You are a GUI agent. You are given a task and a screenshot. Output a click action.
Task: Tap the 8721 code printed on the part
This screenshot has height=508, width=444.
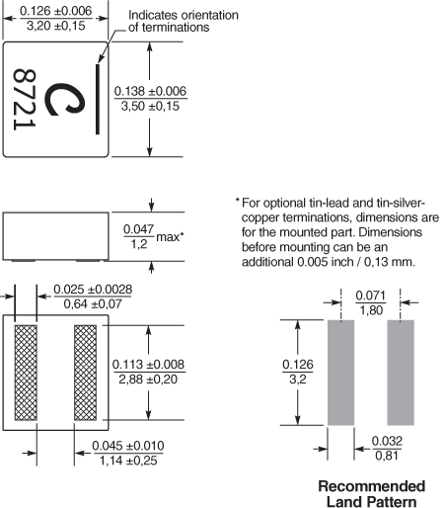[25, 99]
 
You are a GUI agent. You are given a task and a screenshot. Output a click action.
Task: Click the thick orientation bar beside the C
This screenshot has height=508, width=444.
[98, 99]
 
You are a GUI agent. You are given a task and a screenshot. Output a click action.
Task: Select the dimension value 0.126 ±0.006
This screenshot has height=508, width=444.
[56, 11]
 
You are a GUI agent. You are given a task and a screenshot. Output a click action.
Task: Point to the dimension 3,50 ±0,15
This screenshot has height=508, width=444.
[150, 106]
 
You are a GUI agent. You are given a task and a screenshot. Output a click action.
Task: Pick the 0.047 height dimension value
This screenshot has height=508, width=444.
[138, 229]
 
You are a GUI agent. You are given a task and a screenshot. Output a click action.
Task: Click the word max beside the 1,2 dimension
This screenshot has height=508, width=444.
[168, 237]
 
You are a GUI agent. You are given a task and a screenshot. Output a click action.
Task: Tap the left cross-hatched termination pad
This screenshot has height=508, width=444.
[26, 373]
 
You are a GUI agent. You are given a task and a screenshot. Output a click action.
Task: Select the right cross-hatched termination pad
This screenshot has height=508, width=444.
[85, 373]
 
